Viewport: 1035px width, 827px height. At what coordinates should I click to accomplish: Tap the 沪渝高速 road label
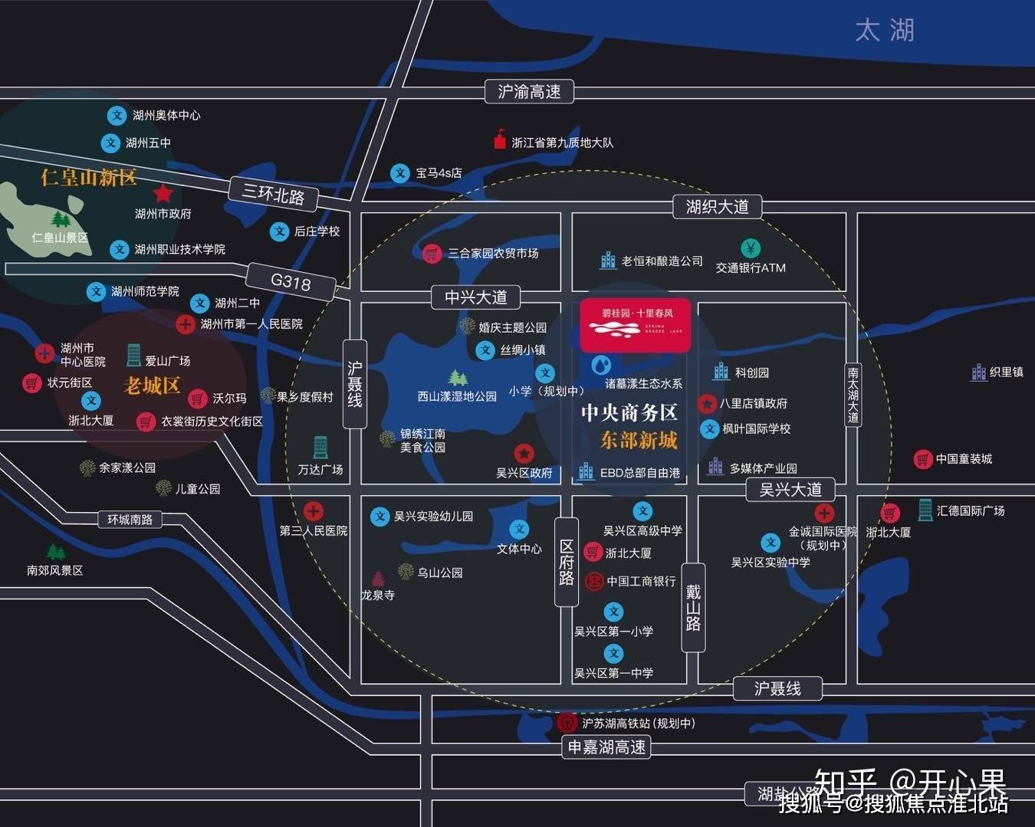(x=529, y=92)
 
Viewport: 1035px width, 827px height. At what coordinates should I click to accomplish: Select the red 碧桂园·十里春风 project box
(x=636, y=325)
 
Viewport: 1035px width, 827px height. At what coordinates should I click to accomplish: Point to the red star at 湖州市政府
(x=163, y=193)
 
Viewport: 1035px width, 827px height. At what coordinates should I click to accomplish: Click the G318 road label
(x=291, y=281)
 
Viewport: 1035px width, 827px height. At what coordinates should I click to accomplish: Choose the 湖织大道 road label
(x=717, y=206)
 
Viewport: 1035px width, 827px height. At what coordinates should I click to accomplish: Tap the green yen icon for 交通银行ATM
(x=751, y=248)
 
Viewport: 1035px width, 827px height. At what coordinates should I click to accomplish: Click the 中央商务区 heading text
(x=629, y=412)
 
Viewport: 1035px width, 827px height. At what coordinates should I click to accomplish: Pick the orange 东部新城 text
(x=639, y=440)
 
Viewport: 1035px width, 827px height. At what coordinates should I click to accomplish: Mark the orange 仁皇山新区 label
(x=89, y=178)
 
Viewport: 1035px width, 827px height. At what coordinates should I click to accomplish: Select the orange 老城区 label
(x=151, y=386)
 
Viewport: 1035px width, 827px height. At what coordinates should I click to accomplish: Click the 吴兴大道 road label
(x=790, y=489)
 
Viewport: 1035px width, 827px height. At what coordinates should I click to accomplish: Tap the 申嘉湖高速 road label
(x=606, y=747)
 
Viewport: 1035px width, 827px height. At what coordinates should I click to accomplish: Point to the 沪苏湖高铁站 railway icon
(x=567, y=723)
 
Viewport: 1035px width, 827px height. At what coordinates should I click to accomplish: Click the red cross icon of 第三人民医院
(x=313, y=510)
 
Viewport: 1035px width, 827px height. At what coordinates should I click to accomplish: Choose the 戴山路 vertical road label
(x=693, y=607)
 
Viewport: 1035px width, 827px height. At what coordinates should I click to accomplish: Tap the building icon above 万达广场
(x=320, y=447)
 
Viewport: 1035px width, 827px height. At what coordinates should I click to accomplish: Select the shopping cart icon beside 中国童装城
(x=922, y=459)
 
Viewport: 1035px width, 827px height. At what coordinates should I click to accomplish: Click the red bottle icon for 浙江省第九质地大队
(x=500, y=139)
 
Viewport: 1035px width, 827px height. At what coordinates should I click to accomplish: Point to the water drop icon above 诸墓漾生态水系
(x=601, y=363)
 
